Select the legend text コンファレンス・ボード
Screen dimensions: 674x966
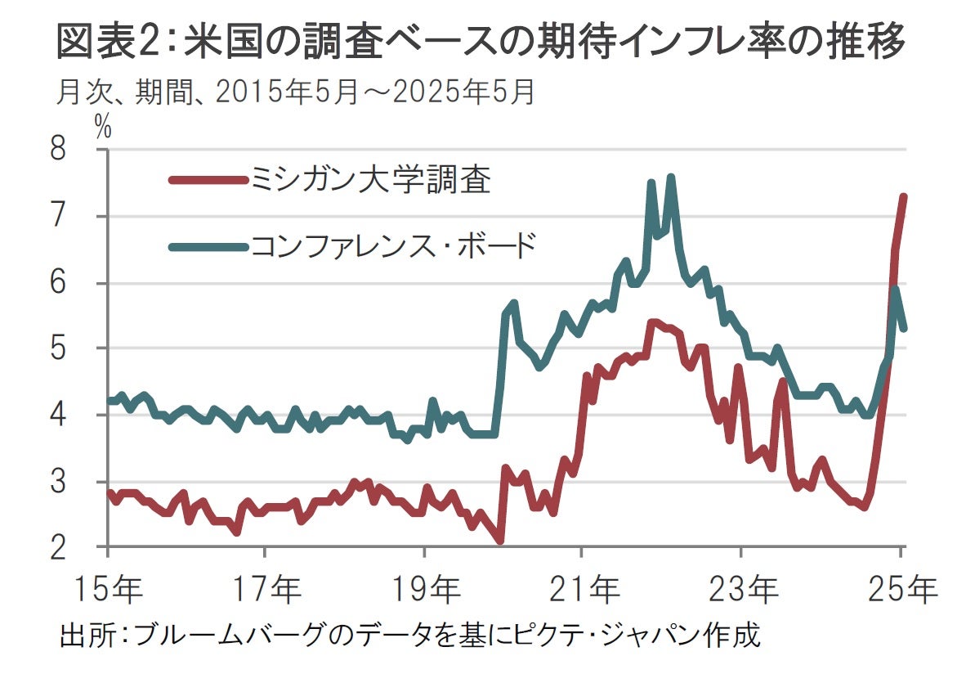click(x=394, y=245)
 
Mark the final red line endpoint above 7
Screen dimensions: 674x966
click(x=904, y=197)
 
